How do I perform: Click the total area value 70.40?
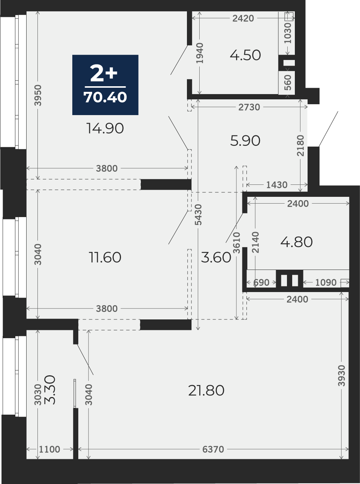pos(105,97)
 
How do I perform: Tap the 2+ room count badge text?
pos(104,73)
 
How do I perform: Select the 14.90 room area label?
pos(105,128)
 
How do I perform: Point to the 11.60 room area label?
pos(105,257)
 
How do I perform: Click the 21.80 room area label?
pos(206,390)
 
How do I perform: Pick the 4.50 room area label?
pos(245,55)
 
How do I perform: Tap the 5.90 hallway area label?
pos(245,141)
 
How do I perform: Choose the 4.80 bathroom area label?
pos(296,242)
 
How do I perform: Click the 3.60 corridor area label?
pos(216,257)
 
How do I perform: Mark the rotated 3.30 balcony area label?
pos(50,390)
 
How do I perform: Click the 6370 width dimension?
pos(213,449)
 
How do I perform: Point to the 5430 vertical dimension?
pos(199,215)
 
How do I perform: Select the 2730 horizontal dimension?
pos(249,107)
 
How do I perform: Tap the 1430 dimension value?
pos(277,185)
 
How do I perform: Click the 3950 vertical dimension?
pos(38,95)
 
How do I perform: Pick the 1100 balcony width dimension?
pos(49,449)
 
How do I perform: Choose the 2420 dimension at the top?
pos(243,18)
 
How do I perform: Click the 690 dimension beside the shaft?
pos(261,283)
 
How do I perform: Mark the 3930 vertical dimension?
pos(342,376)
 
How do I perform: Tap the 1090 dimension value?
pos(326,283)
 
